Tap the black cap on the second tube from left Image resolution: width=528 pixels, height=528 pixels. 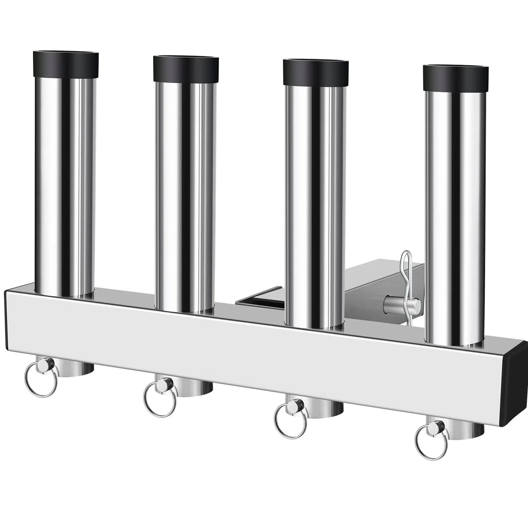tap(186, 69)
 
